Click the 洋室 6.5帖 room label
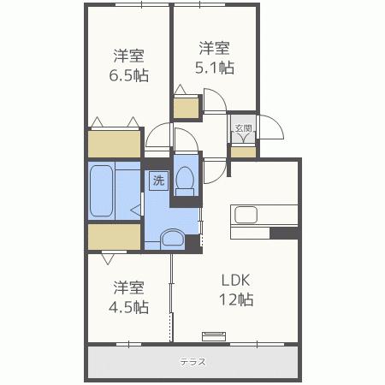tap(129, 66)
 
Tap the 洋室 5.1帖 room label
tap(215, 58)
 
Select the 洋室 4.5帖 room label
tap(128, 297)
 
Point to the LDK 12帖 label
tap(236, 290)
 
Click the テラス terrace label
tap(192, 362)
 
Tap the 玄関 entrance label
tap(244, 128)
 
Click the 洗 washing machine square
tap(158, 181)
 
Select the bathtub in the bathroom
tap(101, 191)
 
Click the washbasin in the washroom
tap(172, 238)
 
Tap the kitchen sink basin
tap(246, 215)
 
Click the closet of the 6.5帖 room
tap(115, 144)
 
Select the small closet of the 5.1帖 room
tap(186, 108)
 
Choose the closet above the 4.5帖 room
tap(115, 237)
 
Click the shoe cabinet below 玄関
tap(243, 152)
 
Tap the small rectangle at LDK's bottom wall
tap(214, 336)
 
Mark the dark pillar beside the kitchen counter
tap(284, 233)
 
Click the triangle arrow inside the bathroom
tap(136, 210)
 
